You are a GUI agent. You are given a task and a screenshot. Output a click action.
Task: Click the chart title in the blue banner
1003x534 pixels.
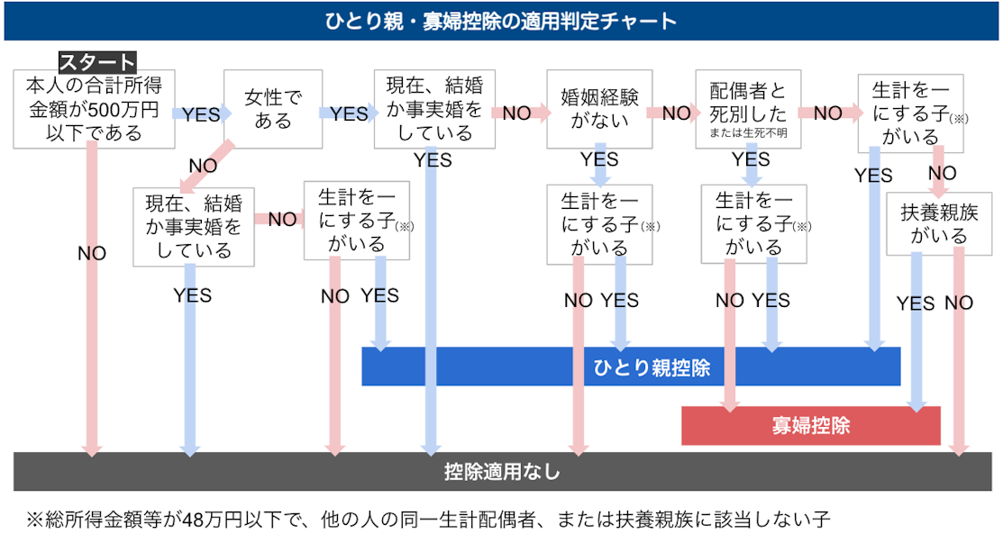pyautogui.click(x=500, y=21)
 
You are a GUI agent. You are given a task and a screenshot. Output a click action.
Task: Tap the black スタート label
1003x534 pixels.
pyautogui.click(x=97, y=62)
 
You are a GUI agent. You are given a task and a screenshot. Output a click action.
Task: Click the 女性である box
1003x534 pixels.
pyautogui.click(x=272, y=110)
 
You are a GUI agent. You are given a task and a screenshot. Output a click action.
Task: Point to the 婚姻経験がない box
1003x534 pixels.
pyautogui.click(x=599, y=110)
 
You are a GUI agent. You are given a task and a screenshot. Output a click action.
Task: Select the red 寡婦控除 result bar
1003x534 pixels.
pyautogui.click(x=810, y=425)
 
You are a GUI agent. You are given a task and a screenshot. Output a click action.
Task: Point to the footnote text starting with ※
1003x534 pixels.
pyautogui.click(x=427, y=519)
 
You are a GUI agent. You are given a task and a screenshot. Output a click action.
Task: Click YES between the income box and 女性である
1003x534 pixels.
pyautogui.click(x=201, y=114)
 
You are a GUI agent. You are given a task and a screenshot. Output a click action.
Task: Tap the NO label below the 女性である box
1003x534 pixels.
pyautogui.click(x=203, y=166)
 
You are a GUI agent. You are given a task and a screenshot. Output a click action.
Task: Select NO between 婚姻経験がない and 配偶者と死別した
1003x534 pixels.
pyautogui.click(x=676, y=114)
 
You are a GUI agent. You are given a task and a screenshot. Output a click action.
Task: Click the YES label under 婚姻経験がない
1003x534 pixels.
pyautogui.click(x=599, y=160)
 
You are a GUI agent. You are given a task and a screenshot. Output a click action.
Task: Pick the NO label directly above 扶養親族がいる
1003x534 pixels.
pyautogui.click(x=942, y=173)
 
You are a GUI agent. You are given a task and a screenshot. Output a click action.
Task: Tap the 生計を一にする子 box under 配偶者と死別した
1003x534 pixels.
pyautogui.click(x=754, y=222)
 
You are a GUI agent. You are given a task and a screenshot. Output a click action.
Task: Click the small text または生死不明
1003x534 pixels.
pyautogui.click(x=747, y=134)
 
